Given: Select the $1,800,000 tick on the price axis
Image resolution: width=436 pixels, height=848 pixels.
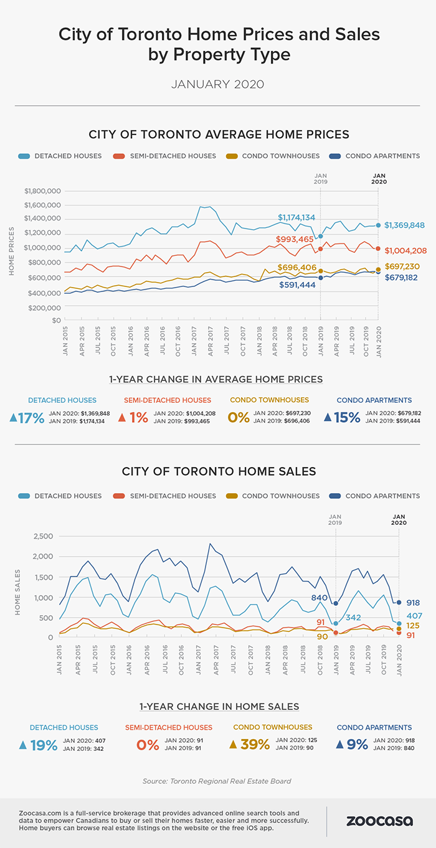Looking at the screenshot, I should (42, 191).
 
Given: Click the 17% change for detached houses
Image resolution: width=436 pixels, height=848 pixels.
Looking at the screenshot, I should (27, 418).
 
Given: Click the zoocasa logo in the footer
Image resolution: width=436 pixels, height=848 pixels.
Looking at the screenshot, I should (379, 821).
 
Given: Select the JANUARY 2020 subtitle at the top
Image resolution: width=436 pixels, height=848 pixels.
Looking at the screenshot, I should (218, 84).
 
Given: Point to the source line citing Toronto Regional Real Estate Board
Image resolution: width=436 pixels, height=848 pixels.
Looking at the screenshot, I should (218, 781).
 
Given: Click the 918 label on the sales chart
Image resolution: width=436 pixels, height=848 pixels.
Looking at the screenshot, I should (414, 603).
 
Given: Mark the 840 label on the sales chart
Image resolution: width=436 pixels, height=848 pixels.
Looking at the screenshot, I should (320, 597).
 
